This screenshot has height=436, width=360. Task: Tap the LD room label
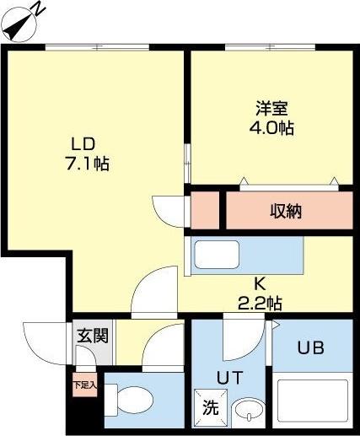click(x=83, y=143)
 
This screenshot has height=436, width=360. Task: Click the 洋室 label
click(x=273, y=110)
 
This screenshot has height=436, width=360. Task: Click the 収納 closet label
click(x=286, y=211)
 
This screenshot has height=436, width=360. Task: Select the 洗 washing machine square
click(x=209, y=405)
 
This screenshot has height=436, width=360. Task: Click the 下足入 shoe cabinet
click(x=84, y=386)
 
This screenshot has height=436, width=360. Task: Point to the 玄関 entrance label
click(x=93, y=336)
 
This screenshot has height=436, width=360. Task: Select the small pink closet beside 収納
click(x=205, y=210)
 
